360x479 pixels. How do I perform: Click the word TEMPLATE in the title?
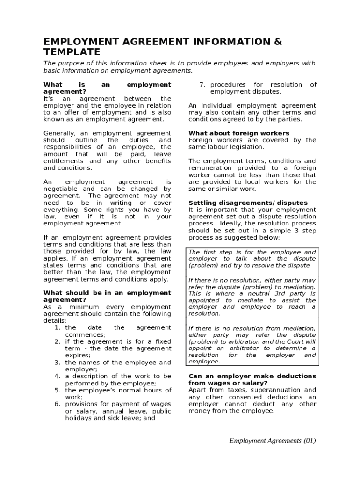[72, 51]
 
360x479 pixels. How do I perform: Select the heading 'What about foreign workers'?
[239, 133]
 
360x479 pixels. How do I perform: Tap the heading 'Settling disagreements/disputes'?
[248, 203]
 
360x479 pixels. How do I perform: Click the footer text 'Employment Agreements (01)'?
[273, 441]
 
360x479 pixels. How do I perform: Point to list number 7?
[202, 85]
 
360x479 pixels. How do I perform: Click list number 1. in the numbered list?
[58, 328]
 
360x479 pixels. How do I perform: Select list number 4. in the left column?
[58, 376]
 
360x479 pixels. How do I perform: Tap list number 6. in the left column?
[58, 404]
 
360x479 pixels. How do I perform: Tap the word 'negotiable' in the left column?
[59, 189]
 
